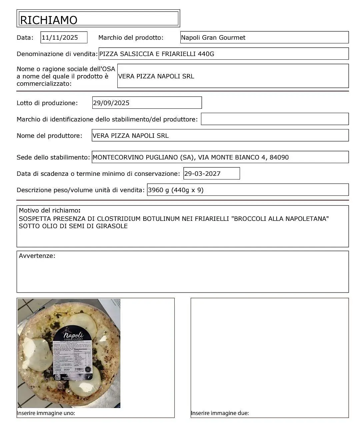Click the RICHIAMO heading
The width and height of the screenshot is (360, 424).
pos(49,20)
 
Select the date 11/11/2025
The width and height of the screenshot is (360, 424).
pos(60,37)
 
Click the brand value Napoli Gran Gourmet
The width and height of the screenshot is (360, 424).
pos(213,37)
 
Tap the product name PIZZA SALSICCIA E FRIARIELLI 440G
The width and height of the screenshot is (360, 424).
pos(157,54)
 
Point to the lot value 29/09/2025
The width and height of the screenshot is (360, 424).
pos(111,103)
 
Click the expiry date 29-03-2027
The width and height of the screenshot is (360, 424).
pos(202,173)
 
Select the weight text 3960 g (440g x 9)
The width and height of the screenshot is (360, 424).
pos(176,190)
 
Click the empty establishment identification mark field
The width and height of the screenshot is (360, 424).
pos(275,119)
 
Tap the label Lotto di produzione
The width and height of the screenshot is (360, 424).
pos(47,103)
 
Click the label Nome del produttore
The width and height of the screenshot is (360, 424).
pos(49,135)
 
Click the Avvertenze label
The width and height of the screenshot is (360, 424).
pos(37,256)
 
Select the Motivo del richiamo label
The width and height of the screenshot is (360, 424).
pos(49,210)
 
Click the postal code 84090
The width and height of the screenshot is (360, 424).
pos(279,157)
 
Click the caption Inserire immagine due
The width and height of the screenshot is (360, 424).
pos(220,413)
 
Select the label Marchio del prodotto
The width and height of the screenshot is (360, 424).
pos(131,37)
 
